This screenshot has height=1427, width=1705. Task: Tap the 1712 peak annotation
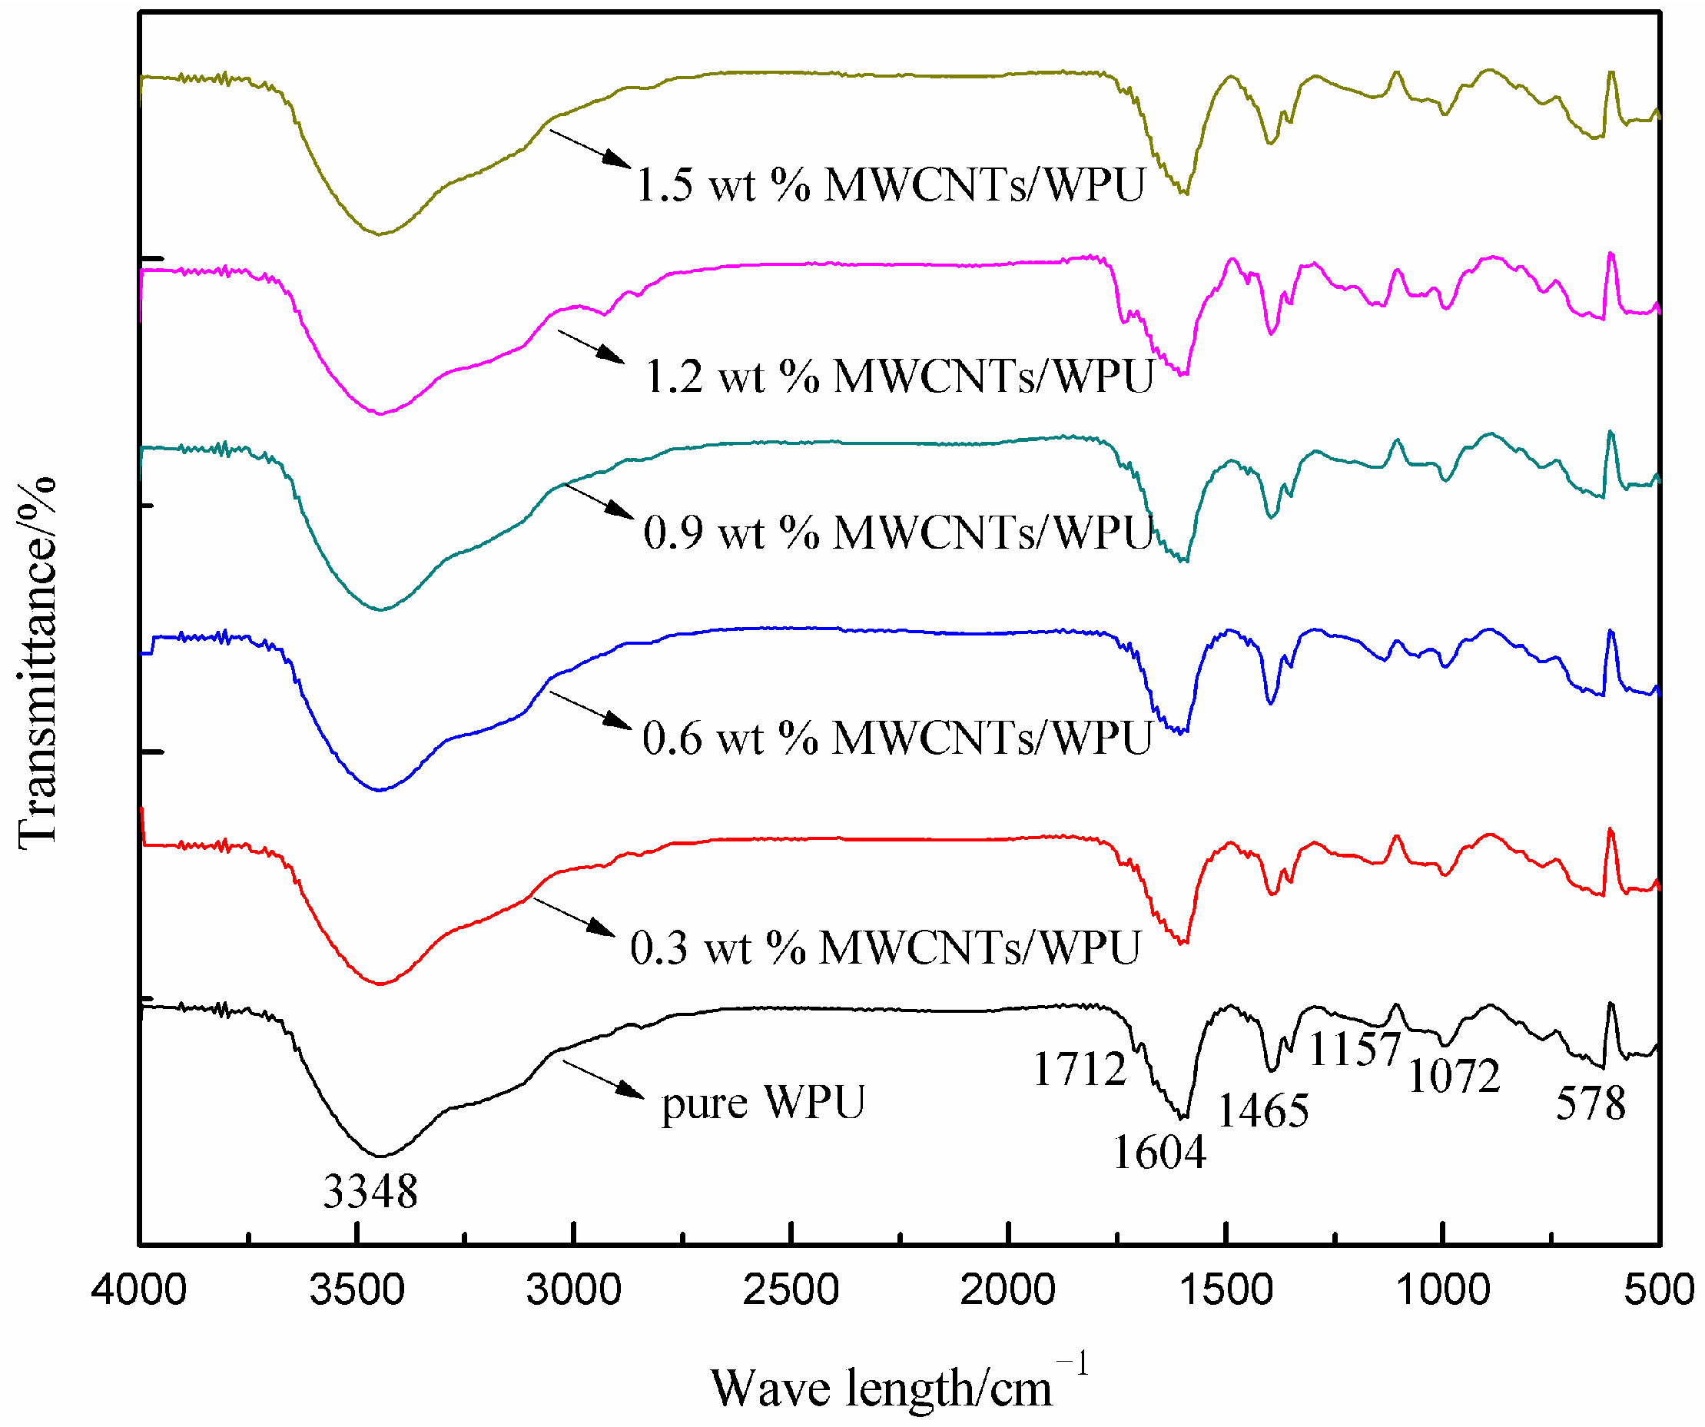pos(1079,1069)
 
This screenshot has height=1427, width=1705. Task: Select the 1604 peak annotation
pos(1159,1152)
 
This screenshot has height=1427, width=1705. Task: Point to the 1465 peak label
pos(1263,1110)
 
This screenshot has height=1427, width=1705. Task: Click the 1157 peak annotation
pos(1355,1050)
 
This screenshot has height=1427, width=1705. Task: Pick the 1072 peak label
pos(1453,1077)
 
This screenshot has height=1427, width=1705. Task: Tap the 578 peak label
pos(1591,1103)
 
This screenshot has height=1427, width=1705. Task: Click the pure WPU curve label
pos(763,1103)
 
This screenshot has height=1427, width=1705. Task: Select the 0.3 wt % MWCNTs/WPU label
pos(885,947)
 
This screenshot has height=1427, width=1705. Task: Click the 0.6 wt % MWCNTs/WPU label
pos(897,738)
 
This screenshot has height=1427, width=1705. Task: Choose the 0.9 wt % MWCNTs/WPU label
pos(898,533)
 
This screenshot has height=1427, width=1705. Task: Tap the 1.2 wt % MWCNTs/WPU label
pos(899,377)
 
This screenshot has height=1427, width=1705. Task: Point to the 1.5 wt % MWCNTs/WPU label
pos(890,184)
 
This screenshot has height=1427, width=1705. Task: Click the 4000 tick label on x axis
pos(139,1290)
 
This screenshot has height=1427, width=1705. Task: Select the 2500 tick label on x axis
pos(791,1290)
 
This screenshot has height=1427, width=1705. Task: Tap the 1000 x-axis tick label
pos(1443,1290)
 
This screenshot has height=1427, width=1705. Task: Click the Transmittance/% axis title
pos(38,662)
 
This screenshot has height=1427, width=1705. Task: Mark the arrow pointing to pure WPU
pos(602,1080)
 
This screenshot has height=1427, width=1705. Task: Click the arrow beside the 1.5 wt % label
pos(590,148)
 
